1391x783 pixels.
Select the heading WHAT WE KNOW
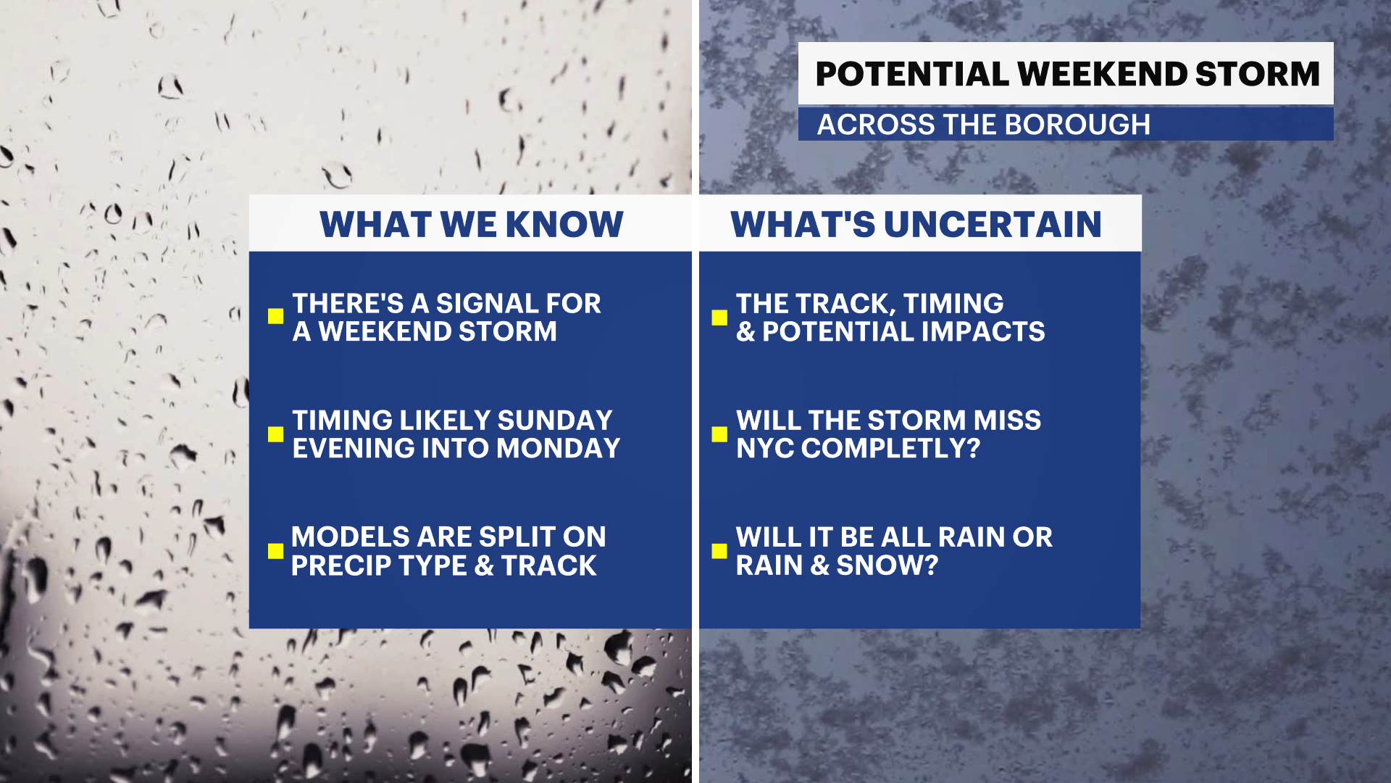click(x=472, y=224)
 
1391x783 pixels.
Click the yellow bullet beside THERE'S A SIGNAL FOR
click(x=275, y=316)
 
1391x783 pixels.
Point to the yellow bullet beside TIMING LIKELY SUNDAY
click(x=275, y=434)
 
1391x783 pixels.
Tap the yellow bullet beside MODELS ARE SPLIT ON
click(x=275, y=551)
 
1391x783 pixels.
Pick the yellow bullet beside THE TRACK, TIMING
click(x=719, y=318)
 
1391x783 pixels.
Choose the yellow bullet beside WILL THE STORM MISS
click(x=719, y=434)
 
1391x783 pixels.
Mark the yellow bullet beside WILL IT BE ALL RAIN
click(x=719, y=551)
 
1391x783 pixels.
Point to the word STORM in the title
click(x=1258, y=74)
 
